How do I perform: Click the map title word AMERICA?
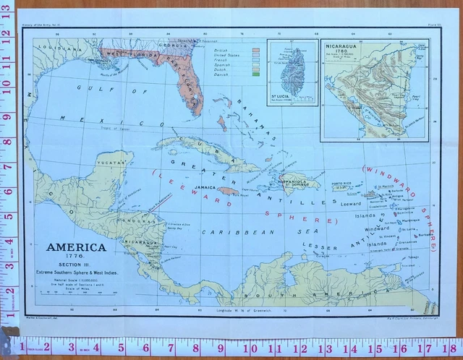(x=76, y=247)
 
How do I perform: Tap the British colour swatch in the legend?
(x=255, y=49)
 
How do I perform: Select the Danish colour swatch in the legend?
(x=255, y=73)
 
